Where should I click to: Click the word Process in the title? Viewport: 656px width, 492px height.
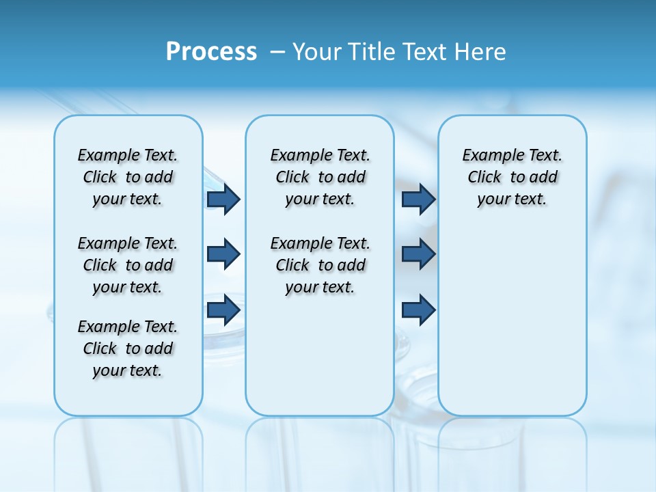(x=211, y=52)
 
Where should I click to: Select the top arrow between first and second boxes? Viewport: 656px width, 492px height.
(x=223, y=200)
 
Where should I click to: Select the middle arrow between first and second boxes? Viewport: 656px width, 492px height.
(x=223, y=254)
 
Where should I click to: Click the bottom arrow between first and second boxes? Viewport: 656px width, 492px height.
(x=223, y=310)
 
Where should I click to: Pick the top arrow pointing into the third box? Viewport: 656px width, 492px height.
(x=418, y=200)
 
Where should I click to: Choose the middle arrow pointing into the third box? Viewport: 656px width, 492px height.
(x=418, y=254)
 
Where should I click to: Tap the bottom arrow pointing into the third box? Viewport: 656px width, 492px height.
(x=418, y=310)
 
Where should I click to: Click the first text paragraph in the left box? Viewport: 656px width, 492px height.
(x=128, y=177)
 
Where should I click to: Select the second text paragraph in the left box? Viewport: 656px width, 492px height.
(x=128, y=265)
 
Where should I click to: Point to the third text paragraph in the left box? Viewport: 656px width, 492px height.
(x=128, y=348)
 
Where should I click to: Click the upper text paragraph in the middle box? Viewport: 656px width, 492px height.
(x=320, y=177)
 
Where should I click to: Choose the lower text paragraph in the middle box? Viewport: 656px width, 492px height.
(x=320, y=265)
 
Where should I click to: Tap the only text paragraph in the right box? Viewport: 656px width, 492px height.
(x=512, y=177)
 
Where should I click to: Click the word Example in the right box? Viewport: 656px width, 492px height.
(x=487, y=156)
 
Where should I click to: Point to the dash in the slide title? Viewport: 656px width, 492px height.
(x=277, y=52)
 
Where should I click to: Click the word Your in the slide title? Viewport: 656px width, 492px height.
(x=316, y=52)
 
